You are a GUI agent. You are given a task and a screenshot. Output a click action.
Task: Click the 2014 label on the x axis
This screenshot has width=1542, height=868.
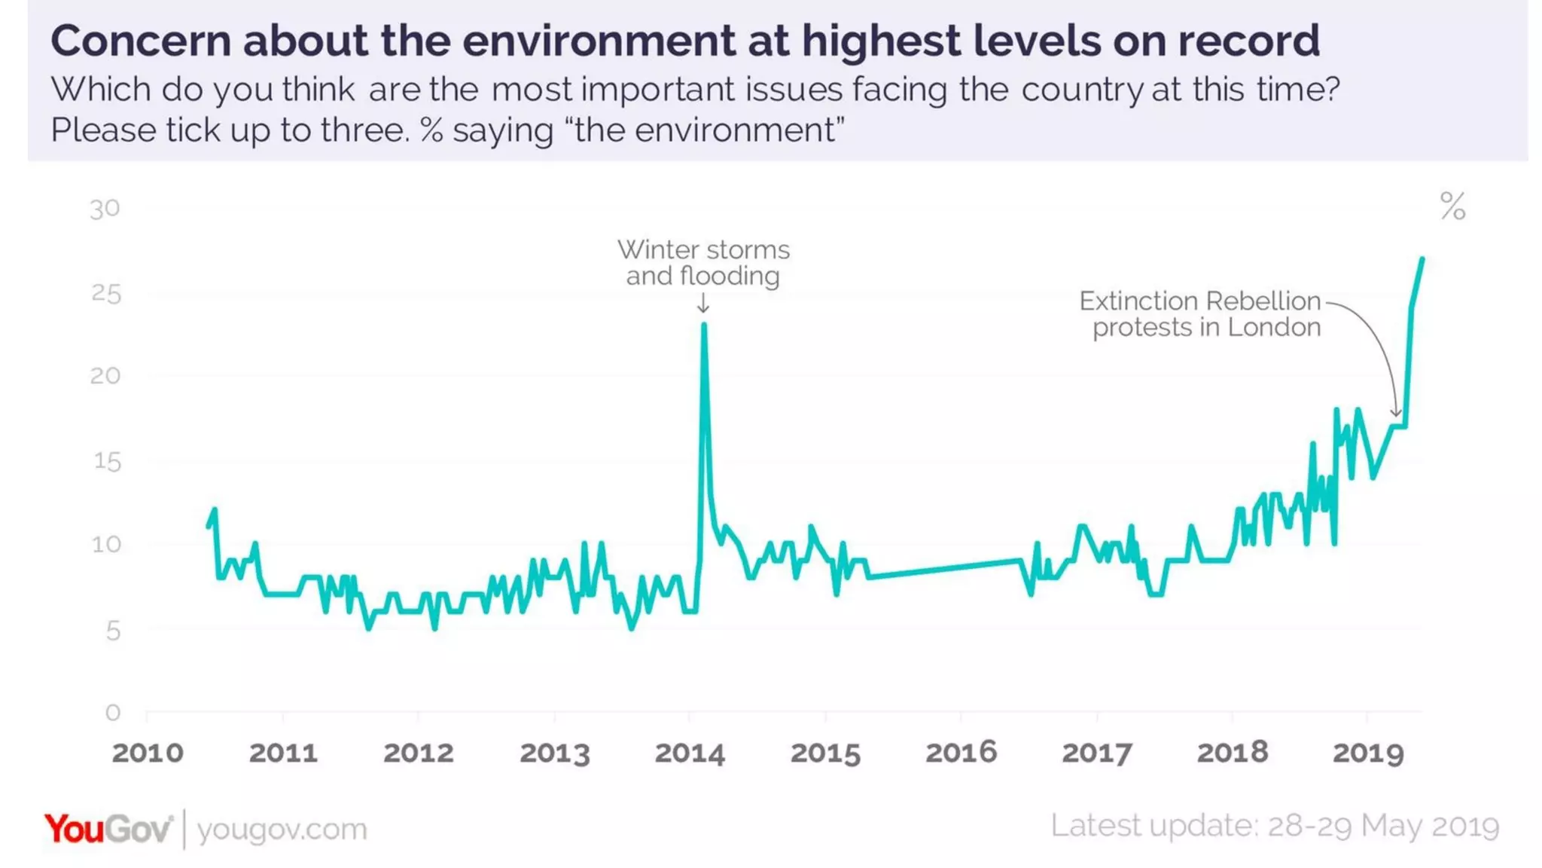pos(690,753)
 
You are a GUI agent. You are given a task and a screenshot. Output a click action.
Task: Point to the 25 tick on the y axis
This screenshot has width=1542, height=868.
pos(106,294)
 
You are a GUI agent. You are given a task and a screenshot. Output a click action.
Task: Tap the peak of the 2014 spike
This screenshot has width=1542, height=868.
pos(704,325)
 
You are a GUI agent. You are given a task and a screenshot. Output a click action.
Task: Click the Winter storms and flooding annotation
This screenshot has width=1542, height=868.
pos(703,262)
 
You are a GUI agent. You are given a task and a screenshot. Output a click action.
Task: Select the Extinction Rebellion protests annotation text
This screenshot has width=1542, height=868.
pos(1200,313)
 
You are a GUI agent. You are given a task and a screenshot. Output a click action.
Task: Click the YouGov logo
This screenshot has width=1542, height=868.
pos(108,829)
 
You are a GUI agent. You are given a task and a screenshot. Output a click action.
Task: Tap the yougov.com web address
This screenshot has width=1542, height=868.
pos(282,830)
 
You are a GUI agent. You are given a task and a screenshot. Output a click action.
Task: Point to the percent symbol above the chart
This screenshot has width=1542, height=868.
pos(1452,206)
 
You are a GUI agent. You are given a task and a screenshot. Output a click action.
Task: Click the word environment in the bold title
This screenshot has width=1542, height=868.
pos(598,41)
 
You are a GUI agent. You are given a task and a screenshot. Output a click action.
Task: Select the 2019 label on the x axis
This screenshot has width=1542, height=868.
pos(1368,753)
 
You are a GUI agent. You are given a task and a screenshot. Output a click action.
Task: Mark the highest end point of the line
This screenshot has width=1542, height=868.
pos(1422,260)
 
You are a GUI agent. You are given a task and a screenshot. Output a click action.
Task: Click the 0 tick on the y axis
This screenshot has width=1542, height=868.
pos(113,712)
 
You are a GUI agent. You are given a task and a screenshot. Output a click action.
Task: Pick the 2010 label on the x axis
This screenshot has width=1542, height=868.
pos(148,753)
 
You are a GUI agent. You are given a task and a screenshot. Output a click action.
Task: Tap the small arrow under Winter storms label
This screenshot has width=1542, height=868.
pos(703,304)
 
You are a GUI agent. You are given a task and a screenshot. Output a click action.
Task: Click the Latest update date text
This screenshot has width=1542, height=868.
pos(1275,826)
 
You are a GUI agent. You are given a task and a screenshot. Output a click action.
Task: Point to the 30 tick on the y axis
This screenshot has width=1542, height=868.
pos(105,209)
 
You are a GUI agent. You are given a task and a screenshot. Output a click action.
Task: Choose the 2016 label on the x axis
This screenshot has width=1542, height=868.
pos(961,753)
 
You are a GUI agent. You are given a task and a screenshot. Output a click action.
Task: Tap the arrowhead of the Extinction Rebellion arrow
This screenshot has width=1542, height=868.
pos(1395,413)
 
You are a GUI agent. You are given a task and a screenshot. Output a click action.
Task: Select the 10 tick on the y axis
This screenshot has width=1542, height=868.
pos(106,544)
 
